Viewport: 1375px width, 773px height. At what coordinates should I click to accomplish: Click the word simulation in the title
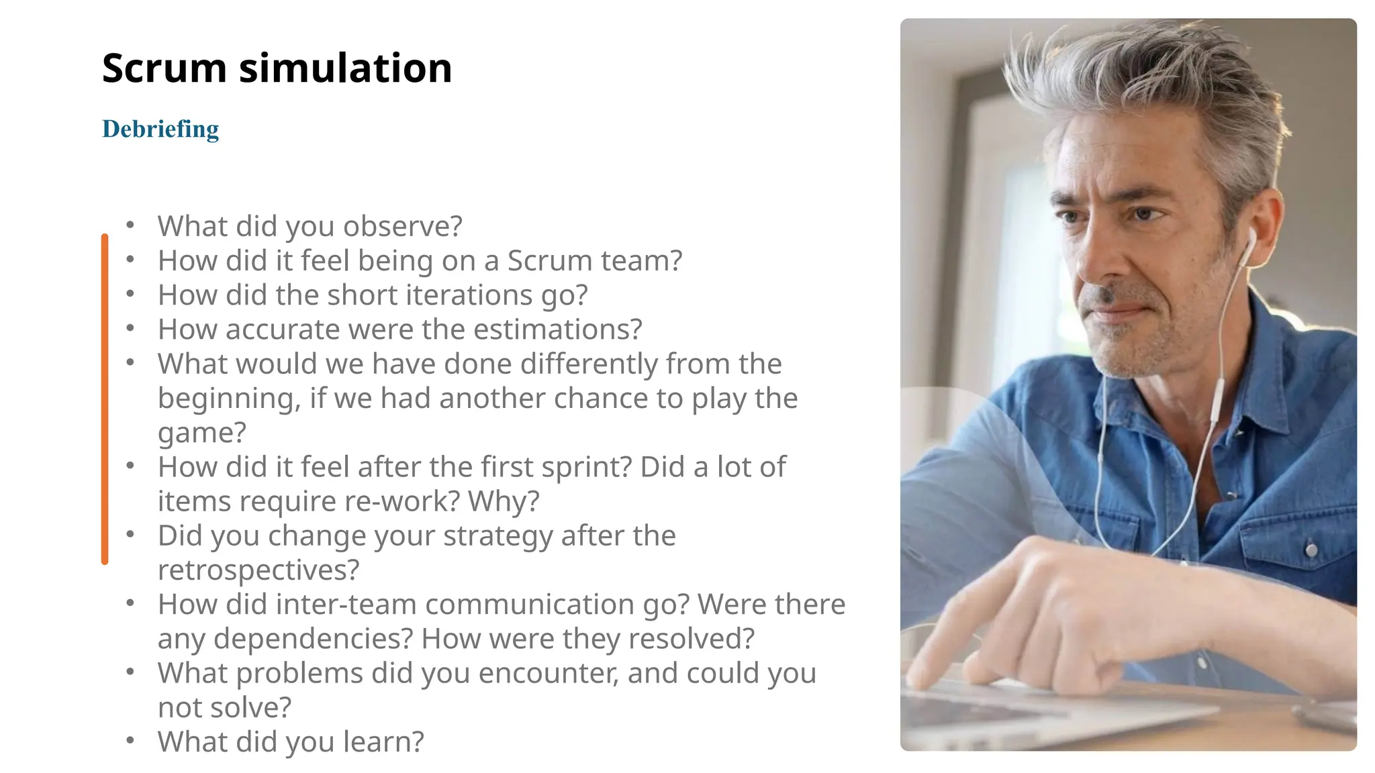click(345, 68)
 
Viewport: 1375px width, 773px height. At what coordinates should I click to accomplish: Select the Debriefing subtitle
click(160, 129)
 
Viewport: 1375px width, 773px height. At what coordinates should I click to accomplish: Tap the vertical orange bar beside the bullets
click(105, 399)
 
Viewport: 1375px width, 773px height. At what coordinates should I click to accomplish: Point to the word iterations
click(468, 295)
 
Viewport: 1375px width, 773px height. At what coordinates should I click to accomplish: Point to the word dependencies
click(312, 639)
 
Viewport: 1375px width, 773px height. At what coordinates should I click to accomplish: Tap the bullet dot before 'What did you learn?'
click(130, 740)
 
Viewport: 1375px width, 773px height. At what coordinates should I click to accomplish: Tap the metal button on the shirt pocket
click(1311, 550)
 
